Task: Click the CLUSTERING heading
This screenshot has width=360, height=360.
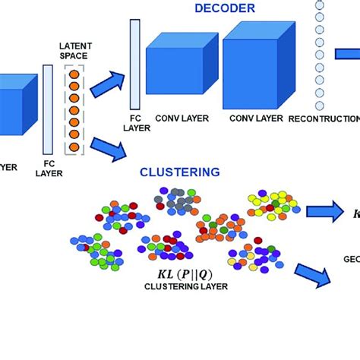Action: click(180, 172)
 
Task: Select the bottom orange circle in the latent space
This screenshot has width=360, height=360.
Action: click(74, 147)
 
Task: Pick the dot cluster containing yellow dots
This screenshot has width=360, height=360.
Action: click(272, 203)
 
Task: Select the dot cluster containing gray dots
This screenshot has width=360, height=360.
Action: click(175, 200)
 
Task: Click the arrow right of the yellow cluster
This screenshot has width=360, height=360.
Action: click(322, 211)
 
